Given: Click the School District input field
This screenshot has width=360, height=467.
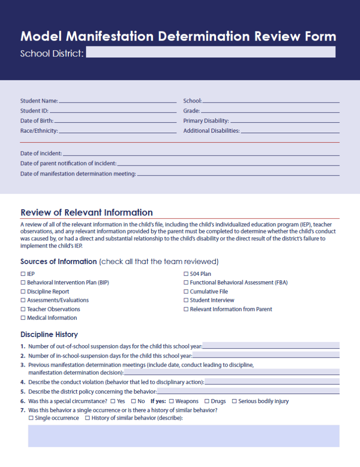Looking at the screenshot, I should click(211, 52).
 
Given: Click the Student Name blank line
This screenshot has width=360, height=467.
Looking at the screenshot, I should click(117, 101).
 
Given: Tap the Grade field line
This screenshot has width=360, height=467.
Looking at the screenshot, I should click(270, 111).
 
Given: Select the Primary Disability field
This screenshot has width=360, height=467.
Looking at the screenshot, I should click(285, 121).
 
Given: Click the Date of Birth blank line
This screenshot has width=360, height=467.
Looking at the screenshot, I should click(115, 121).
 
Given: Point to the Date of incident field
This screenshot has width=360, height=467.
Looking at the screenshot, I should click(201, 154).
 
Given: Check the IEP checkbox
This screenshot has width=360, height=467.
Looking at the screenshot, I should click(23, 274).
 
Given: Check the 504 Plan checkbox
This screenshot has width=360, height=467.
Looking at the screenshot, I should click(186, 274).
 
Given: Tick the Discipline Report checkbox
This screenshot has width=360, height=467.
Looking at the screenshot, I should click(23, 291).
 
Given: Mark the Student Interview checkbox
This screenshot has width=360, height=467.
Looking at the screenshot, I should click(186, 300).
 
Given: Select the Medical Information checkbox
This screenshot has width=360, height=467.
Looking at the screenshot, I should click(23, 318).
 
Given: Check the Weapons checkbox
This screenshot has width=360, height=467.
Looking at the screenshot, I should click(171, 401).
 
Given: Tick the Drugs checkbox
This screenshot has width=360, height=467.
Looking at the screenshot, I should click(207, 401).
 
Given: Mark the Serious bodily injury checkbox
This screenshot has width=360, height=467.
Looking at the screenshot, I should click(234, 401).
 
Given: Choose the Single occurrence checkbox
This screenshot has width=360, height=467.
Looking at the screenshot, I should click(31, 418).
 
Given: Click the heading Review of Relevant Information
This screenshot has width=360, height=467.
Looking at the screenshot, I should click(87, 213).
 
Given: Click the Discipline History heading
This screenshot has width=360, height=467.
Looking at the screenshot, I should click(49, 334).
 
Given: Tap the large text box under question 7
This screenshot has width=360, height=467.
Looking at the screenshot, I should click(184, 436).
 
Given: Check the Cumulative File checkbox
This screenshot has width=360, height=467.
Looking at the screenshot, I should click(186, 291).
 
